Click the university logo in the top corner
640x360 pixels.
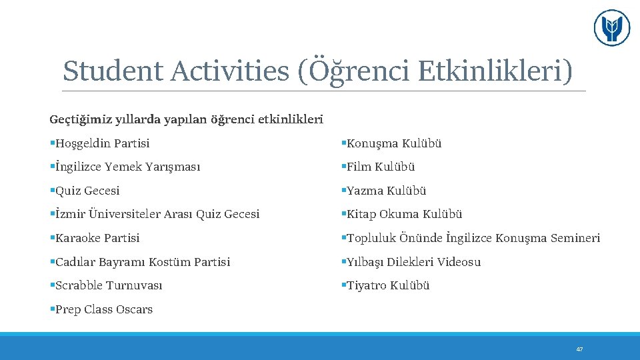tap(611, 28)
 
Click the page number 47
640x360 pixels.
tap(579, 349)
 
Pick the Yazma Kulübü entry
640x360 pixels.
tap(386, 191)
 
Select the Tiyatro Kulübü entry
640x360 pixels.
tap(388, 285)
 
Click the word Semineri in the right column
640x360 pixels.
tap(575, 238)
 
